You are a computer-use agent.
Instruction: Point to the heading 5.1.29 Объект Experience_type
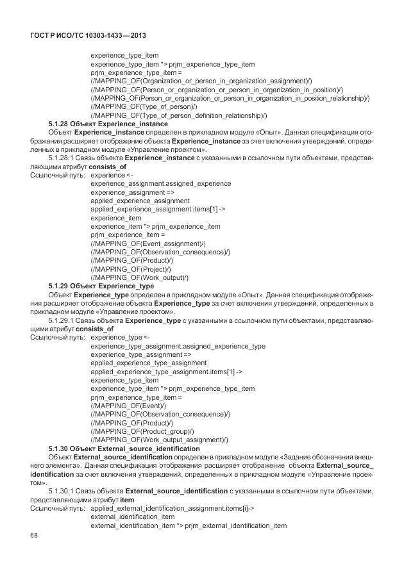click(x=101, y=286)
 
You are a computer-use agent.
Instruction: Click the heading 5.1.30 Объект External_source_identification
click(x=124, y=449)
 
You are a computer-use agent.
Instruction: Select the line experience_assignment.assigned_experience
click(x=161, y=183)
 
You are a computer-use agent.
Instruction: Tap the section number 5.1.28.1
click(x=63, y=156)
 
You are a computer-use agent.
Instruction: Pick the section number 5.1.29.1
click(x=63, y=319)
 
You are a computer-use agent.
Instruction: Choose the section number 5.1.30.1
click(x=63, y=491)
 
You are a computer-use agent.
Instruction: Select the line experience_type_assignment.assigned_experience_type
click(x=178, y=346)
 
